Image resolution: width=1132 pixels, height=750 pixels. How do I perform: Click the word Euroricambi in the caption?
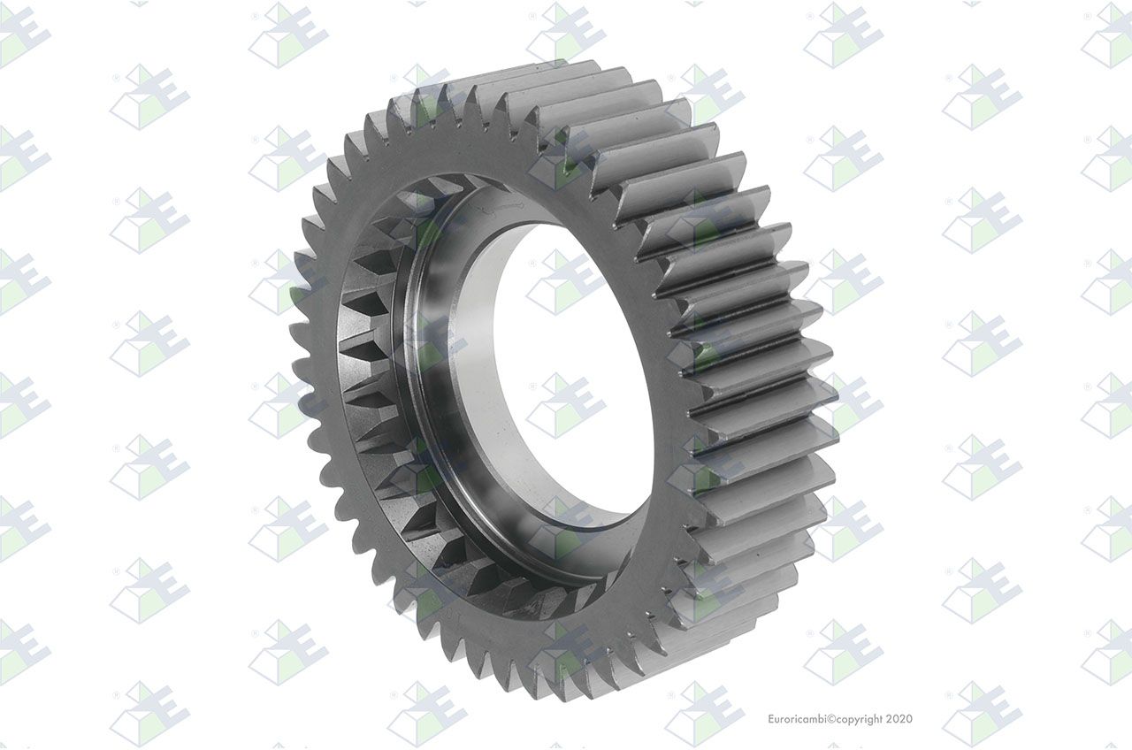point(797,719)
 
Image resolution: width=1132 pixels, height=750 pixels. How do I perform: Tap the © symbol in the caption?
point(830,719)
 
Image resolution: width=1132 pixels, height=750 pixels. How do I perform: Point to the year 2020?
point(899,719)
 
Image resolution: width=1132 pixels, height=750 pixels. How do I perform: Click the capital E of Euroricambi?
point(771,719)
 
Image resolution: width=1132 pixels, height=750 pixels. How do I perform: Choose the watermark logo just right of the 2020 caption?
point(983,714)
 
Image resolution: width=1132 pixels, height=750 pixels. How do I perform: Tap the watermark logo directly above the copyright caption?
point(844,652)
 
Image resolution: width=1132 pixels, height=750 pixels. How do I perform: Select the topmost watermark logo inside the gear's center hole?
point(566,281)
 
